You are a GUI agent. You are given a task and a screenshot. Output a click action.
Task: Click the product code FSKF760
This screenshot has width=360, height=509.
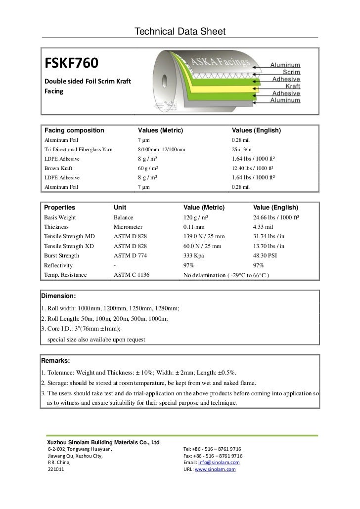pos(72,64)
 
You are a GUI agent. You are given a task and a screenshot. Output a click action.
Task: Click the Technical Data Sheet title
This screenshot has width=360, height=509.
pos(180,32)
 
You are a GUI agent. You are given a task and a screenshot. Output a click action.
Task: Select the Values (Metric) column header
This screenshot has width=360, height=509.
pos(161,130)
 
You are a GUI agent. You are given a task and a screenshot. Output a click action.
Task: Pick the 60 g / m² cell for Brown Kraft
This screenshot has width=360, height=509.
pos(147,169)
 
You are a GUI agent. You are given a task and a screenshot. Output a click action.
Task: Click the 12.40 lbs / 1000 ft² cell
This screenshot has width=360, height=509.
pos(254,169)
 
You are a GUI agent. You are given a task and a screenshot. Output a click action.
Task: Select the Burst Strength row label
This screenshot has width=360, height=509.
pos(61,256)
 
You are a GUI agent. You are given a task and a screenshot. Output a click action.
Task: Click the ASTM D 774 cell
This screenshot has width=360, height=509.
pos(130,256)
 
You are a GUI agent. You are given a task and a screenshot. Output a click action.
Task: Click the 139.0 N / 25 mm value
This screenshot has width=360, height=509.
pos(204,237)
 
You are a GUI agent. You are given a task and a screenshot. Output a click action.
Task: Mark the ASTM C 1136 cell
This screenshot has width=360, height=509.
pos(132,275)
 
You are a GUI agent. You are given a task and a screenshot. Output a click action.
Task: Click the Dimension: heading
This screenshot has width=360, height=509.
pos(58,296)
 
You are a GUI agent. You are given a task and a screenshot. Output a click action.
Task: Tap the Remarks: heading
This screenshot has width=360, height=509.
pos(56,361)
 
